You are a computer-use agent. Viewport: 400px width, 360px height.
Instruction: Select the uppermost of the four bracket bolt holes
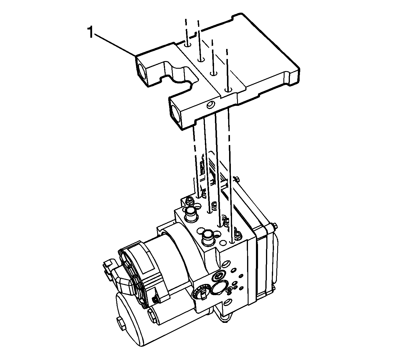point(188,45)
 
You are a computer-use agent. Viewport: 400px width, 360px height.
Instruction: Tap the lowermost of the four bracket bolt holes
point(228,90)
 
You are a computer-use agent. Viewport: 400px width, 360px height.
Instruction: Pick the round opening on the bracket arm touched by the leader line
point(142,72)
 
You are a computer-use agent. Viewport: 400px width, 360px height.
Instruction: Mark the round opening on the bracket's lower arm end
point(175,115)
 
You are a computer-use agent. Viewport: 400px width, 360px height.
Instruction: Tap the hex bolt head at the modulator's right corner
point(275,226)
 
